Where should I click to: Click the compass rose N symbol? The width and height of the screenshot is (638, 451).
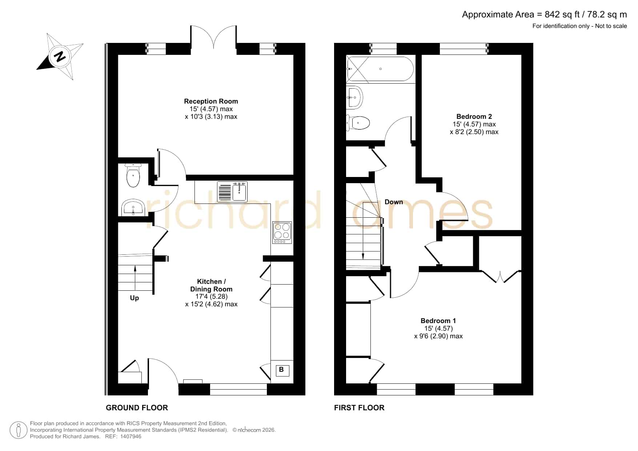pos(60,56)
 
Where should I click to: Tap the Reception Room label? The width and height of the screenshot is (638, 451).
pos(211,101)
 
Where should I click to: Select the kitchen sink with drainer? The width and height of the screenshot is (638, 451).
pos(232,192)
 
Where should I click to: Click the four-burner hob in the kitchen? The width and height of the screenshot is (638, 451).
pos(282,233)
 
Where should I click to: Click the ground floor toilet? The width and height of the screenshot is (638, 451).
pos(133,176)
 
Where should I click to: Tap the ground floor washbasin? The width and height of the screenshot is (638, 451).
pos(133,207)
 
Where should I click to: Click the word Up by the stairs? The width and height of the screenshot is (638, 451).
pos(135,298)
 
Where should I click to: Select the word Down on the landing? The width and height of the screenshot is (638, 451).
pos(394,202)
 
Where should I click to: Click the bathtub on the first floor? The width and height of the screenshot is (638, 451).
pos(380,69)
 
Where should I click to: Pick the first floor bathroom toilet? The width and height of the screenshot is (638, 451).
pos(358,123)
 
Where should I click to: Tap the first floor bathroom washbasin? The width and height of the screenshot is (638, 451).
pos(354,97)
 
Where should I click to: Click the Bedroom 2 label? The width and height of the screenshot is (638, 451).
pos(474,117)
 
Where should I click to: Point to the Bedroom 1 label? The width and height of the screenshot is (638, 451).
pos(438,321)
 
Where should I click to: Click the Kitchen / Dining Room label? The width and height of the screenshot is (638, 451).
pos(211,285)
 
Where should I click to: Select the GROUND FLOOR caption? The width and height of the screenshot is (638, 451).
pos(137,408)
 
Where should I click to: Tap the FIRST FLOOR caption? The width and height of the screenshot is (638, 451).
pos(359,408)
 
